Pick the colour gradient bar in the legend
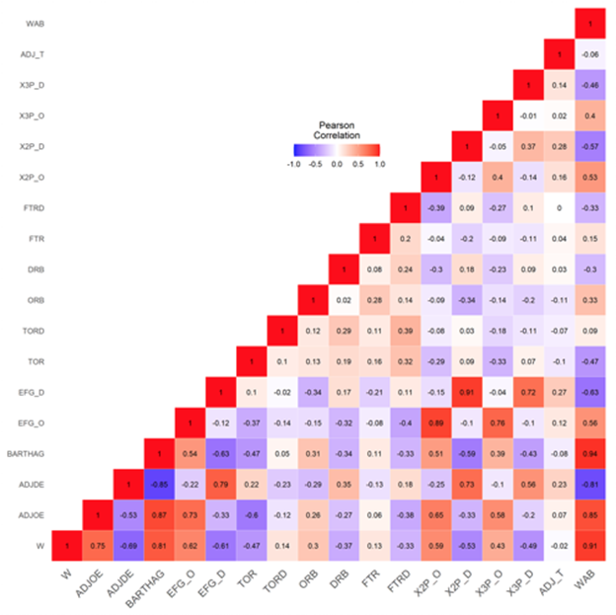[x=337, y=150]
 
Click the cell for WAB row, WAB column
[x=590, y=22]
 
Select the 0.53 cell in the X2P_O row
[x=590, y=179]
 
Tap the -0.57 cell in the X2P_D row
[x=590, y=147]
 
